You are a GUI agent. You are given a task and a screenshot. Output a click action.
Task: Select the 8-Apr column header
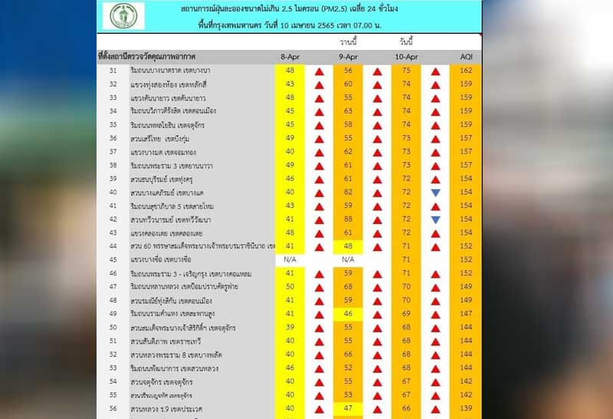(290, 58)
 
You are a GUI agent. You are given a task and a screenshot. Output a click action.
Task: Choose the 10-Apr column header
(406, 58)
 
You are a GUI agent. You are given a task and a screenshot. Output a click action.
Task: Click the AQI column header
(466, 58)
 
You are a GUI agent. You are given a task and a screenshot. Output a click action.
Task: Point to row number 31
(113, 71)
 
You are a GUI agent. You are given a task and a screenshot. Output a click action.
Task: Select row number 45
(113, 259)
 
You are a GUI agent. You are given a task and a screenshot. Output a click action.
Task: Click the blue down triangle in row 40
(435, 193)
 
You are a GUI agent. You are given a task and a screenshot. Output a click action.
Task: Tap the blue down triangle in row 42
(435, 219)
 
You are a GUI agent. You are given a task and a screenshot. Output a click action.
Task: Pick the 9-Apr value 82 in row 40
(348, 192)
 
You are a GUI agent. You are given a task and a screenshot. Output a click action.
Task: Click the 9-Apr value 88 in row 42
(348, 219)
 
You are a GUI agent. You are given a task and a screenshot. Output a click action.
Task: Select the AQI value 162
(466, 71)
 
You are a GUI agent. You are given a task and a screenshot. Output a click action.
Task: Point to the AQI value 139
(466, 407)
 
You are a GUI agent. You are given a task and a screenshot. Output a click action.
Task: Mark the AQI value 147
(466, 313)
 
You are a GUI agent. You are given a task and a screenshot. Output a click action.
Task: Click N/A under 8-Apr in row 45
(290, 259)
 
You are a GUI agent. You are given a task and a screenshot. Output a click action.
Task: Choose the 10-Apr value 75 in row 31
(406, 71)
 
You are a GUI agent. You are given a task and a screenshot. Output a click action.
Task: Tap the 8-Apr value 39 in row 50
(290, 327)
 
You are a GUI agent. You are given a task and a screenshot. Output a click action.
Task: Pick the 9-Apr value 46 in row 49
(348, 313)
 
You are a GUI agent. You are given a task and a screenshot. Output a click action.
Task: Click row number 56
(113, 407)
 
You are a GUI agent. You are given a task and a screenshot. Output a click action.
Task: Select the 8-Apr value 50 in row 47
(290, 286)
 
